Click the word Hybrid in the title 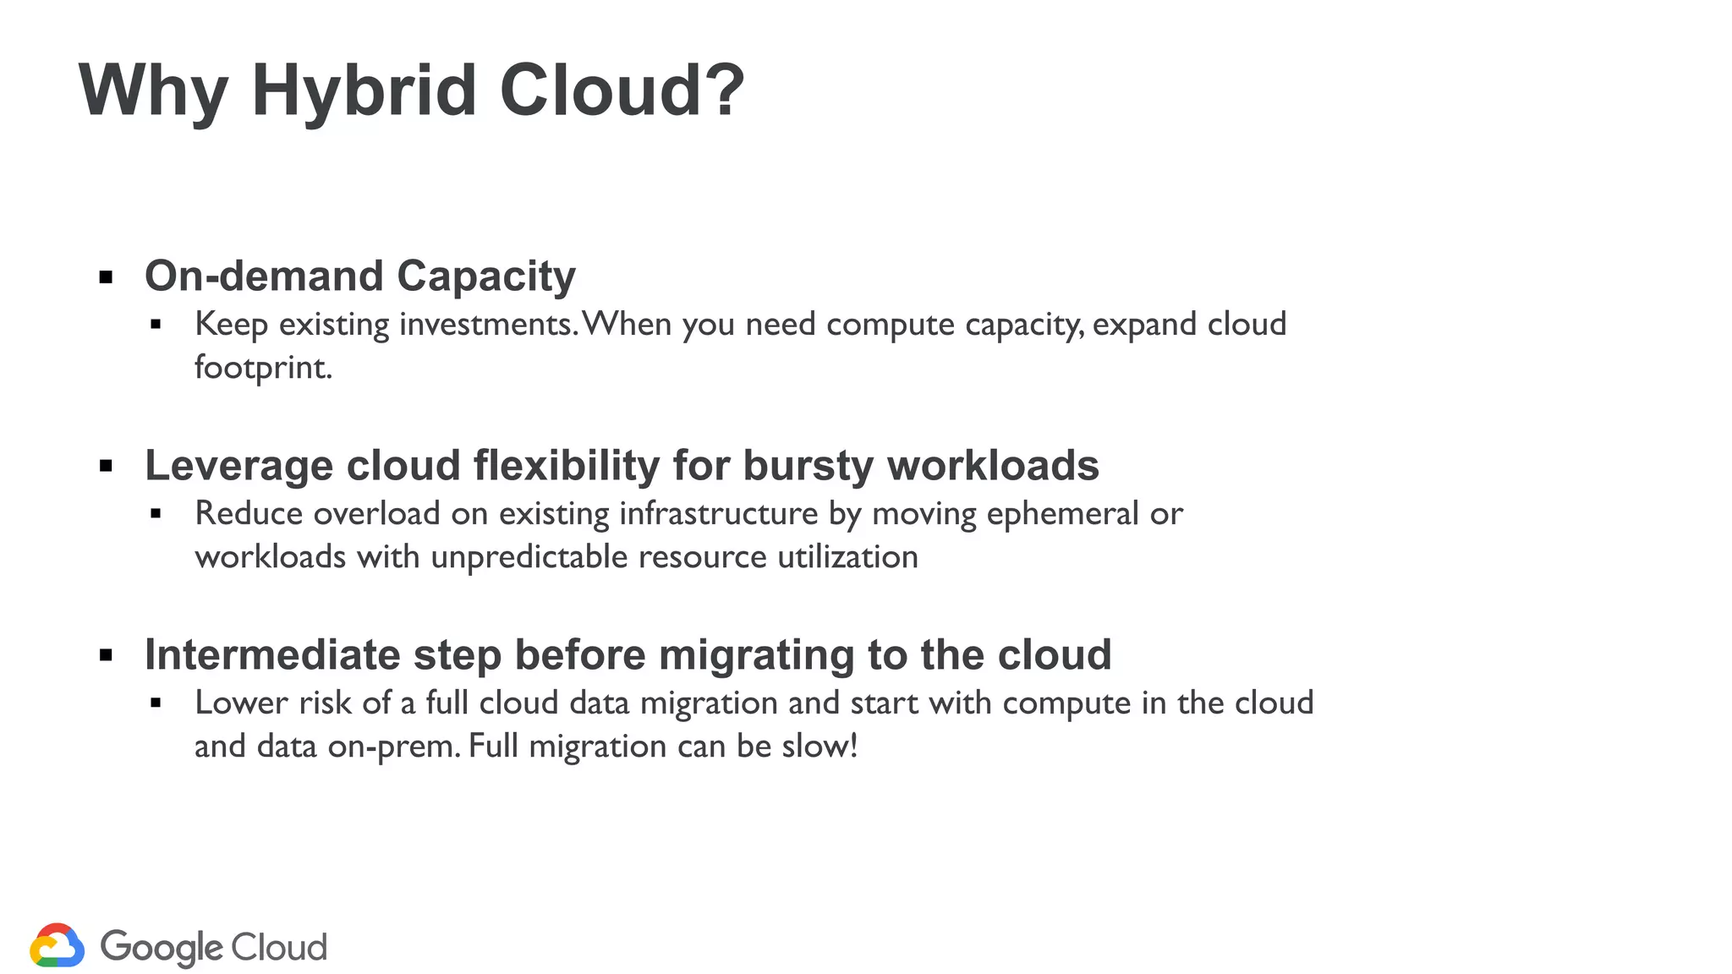(364, 90)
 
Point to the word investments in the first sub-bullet (487, 324)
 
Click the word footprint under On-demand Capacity (263, 368)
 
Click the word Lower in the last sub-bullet (241, 703)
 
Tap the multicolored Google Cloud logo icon (57, 945)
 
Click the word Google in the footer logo (161, 947)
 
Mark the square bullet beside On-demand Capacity (106, 277)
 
